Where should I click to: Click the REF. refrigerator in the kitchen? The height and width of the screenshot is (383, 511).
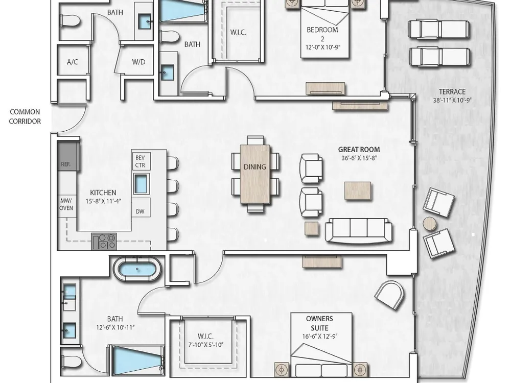[68, 156]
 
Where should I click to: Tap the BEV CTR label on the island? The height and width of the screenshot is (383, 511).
[140, 161]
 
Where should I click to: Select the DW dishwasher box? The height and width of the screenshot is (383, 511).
[140, 211]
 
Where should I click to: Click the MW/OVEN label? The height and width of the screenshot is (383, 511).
[66, 204]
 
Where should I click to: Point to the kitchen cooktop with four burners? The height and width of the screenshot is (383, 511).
[104, 242]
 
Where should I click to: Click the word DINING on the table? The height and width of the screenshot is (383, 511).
[255, 167]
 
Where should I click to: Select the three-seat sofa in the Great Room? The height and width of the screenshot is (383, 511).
[359, 230]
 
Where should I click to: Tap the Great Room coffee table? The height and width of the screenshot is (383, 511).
[358, 191]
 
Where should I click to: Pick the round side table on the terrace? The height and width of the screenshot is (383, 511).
[430, 224]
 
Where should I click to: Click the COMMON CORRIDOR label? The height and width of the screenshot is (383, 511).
[25, 116]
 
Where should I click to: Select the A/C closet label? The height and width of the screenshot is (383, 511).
[73, 62]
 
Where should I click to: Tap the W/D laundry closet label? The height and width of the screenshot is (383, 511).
[139, 62]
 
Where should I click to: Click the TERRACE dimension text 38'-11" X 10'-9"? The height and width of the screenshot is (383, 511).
[452, 100]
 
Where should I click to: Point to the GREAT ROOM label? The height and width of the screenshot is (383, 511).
[359, 150]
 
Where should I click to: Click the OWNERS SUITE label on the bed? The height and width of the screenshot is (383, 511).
[319, 323]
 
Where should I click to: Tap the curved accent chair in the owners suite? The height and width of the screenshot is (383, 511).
[389, 295]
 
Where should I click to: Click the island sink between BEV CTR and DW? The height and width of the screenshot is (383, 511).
[141, 184]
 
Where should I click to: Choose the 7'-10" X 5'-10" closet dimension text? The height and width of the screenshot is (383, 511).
[205, 345]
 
